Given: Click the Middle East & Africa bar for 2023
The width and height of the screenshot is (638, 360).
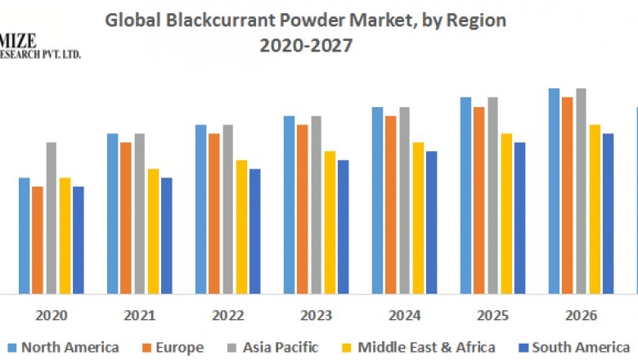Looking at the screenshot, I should coord(330,222).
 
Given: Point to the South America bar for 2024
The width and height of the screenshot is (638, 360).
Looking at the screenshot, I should coord(432,222).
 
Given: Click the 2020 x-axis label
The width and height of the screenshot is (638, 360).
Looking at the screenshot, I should coord(51,315).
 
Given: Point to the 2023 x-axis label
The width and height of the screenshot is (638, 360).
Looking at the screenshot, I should coord(317,315).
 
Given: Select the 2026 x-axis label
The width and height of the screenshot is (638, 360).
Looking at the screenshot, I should coord(582,315).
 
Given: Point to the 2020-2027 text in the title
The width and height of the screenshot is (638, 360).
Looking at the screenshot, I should coord(306,46).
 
